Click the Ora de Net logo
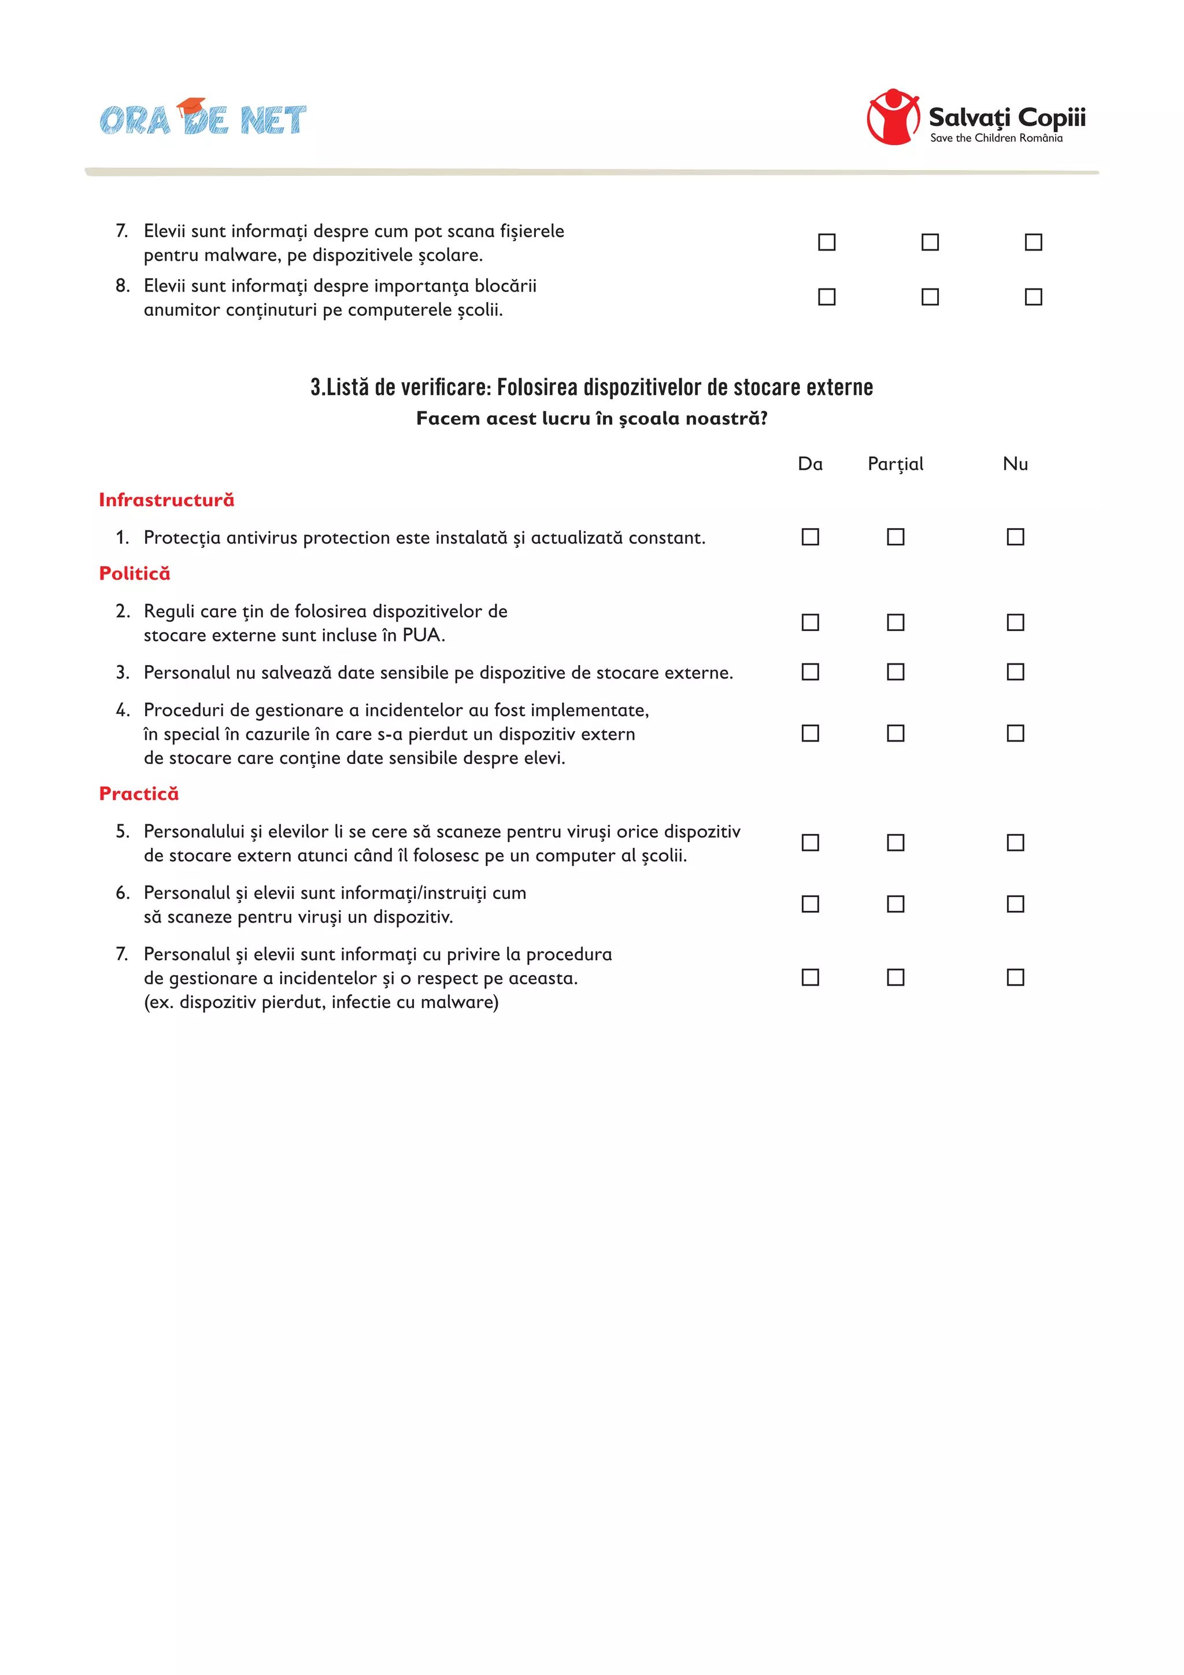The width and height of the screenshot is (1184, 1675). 203,118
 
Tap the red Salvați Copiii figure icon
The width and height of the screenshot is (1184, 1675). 893,117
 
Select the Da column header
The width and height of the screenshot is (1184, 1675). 810,464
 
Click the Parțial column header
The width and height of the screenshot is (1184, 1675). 896,464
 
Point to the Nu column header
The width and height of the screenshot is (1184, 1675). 1015,464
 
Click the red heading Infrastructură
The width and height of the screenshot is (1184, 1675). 166,500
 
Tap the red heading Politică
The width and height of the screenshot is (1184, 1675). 135,573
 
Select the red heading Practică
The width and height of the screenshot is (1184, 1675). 139,794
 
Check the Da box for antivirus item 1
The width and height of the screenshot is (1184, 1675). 810,537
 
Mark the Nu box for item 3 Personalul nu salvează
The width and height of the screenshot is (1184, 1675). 1015,672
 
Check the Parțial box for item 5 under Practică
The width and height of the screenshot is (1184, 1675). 896,843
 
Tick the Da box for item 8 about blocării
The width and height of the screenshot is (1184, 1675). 827,297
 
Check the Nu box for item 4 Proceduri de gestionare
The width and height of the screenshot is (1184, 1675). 1015,733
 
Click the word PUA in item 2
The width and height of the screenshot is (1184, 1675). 421,636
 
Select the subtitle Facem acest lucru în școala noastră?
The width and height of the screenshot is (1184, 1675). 591,419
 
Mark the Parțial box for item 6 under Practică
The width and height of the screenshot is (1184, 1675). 896,904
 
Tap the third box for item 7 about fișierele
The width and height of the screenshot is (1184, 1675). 1033,242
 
